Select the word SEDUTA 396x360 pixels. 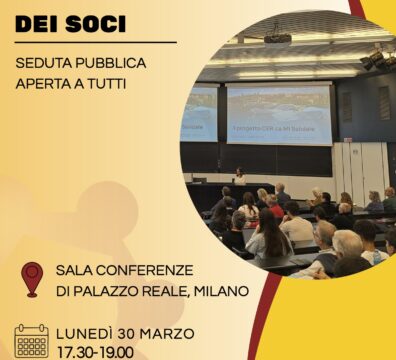48,63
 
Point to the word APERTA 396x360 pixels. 45,83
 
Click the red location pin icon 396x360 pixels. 33,279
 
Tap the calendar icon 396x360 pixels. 32,341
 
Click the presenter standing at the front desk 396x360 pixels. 239,176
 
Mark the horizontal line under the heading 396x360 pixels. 95,42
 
